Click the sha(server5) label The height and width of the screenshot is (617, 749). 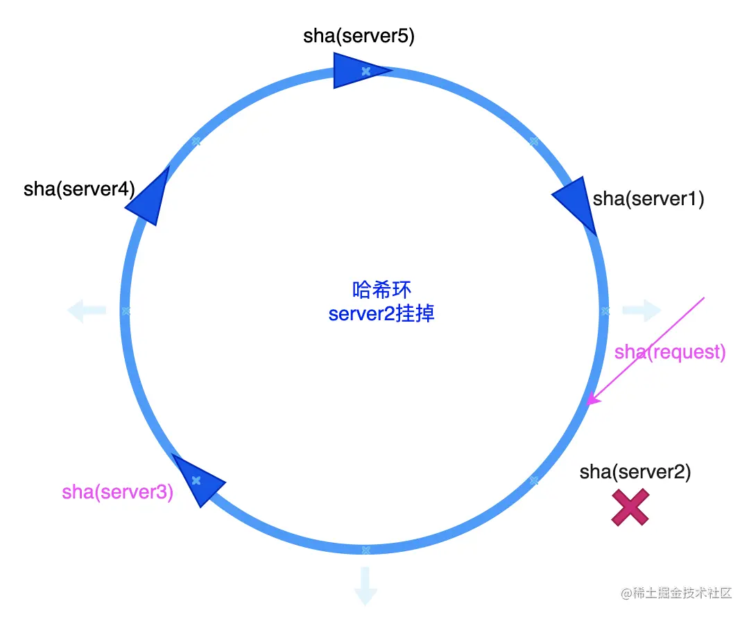[x=359, y=36]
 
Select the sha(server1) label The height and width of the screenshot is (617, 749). [x=648, y=199]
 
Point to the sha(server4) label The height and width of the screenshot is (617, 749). [x=79, y=189]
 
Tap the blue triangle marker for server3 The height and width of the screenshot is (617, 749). [x=197, y=480]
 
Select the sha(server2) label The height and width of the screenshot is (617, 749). [x=635, y=472]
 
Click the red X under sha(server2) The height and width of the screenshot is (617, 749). [x=630, y=507]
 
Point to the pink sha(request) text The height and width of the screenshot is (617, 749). [x=670, y=352]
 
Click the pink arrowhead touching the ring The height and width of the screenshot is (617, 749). [x=592, y=400]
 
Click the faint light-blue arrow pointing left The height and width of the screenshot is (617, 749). [x=87, y=311]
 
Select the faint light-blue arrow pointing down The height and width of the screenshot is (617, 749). [x=365, y=585]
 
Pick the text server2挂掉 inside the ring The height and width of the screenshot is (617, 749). [x=381, y=313]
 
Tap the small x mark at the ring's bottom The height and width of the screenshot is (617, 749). [x=366, y=550]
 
